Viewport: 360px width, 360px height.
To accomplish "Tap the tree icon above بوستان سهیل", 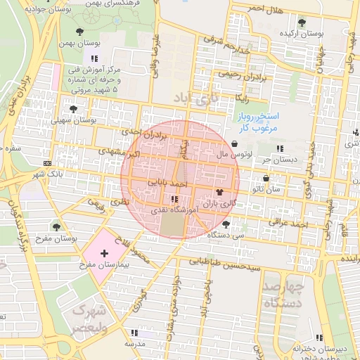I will (x=74, y=109).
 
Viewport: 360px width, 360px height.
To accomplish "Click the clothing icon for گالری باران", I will (x=219, y=191).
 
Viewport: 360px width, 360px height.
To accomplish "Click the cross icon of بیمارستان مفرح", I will (x=105, y=252).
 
